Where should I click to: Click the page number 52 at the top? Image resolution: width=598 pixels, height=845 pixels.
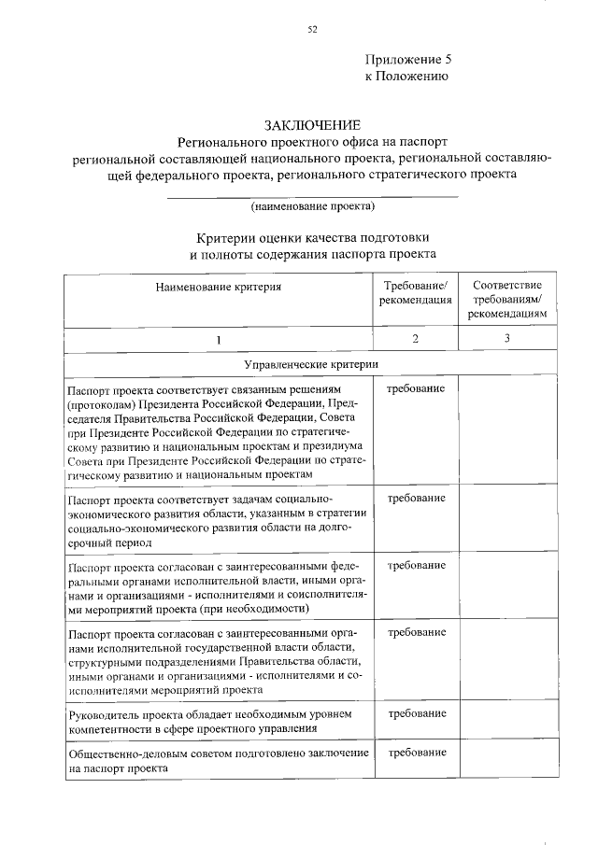click(312, 29)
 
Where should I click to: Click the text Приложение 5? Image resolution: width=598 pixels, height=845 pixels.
click(407, 58)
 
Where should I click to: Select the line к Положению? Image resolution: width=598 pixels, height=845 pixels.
click(399, 76)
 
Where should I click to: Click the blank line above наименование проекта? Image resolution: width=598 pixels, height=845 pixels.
click(312, 194)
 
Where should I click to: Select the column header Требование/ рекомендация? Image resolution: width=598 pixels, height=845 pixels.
click(416, 292)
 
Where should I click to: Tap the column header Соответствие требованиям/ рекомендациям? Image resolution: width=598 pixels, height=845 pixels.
click(508, 300)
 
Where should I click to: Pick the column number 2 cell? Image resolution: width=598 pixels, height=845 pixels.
click(416, 338)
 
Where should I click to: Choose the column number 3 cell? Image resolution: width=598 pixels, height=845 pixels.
click(508, 338)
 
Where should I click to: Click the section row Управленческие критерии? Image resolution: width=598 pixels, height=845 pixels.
click(311, 363)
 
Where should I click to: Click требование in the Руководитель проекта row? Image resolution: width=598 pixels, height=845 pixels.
click(416, 713)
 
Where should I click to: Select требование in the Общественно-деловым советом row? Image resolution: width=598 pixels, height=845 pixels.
click(416, 752)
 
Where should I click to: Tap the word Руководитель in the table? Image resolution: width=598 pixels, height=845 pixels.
click(104, 714)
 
